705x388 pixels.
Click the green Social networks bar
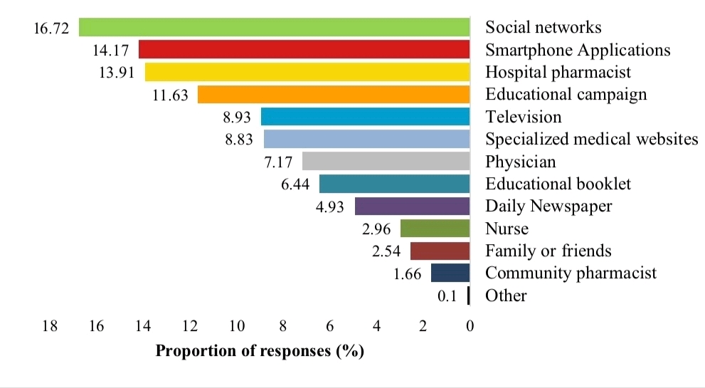pyautogui.click(x=274, y=27)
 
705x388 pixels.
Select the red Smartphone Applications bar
pyautogui.click(x=304, y=50)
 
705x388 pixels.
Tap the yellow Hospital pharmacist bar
pyautogui.click(x=307, y=72)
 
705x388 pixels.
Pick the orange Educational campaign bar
pyautogui.click(x=334, y=95)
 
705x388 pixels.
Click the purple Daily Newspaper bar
pyautogui.click(x=412, y=206)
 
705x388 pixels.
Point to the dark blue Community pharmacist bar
pyautogui.click(x=450, y=273)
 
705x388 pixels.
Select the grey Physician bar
pyautogui.click(x=386, y=162)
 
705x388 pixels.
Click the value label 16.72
pyautogui.click(x=52, y=27)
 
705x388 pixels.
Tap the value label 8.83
pyautogui.click(x=239, y=140)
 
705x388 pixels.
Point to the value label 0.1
pyautogui.click(x=447, y=295)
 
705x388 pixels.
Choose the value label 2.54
pyautogui.click(x=386, y=251)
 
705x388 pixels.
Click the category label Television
pyautogui.click(x=523, y=117)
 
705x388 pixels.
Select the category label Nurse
pyautogui.click(x=507, y=229)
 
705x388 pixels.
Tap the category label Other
pyautogui.click(x=506, y=295)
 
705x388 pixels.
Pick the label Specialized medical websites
pyautogui.click(x=591, y=140)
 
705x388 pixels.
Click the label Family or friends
pyautogui.click(x=548, y=251)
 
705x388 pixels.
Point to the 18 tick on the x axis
pyautogui.click(x=50, y=326)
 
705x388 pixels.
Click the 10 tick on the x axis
pyautogui.click(x=236, y=326)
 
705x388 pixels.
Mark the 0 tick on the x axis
pyautogui.click(x=470, y=326)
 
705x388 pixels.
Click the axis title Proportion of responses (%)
pyautogui.click(x=260, y=351)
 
